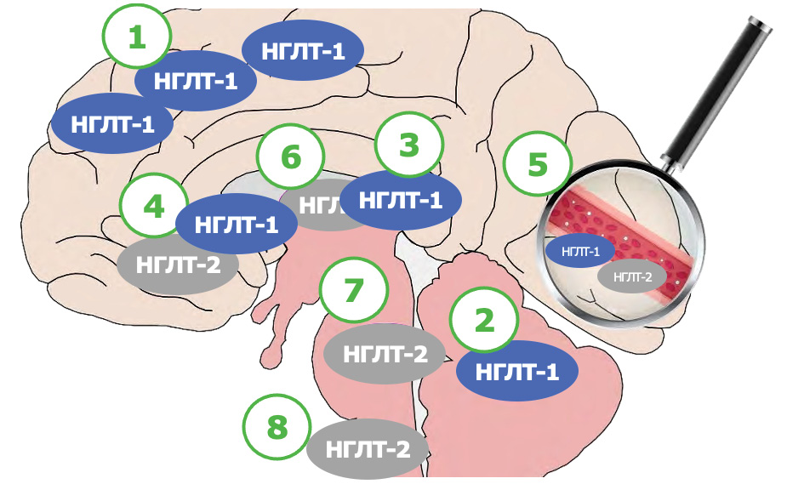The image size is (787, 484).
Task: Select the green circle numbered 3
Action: click(410, 145)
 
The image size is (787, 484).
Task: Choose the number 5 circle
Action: click(538, 164)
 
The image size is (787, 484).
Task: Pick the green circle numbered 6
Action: click(291, 157)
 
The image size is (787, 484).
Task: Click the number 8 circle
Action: click(277, 428)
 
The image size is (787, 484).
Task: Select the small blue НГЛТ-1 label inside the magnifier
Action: click(580, 252)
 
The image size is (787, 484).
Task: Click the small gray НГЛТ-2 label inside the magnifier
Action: click(632, 276)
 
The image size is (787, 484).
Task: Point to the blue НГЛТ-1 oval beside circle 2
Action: click(517, 371)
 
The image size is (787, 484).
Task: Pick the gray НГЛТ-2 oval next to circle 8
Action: click(368, 448)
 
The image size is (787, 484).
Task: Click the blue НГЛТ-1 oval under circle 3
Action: click(402, 201)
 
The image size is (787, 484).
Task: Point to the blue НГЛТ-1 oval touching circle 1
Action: click(197, 82)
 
